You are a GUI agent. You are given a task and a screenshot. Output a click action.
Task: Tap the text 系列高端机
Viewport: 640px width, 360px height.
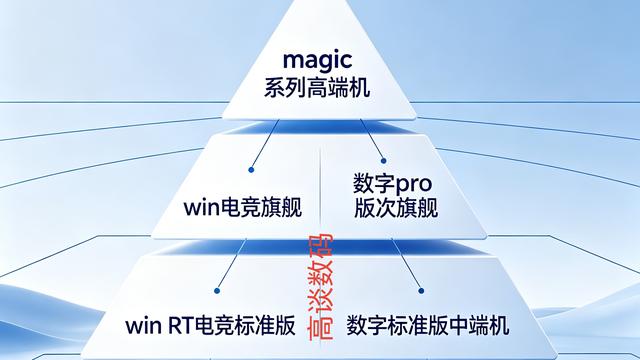(x=319, y=88)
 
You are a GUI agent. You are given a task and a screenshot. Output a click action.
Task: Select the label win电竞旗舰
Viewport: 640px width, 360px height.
(x=243, y=207)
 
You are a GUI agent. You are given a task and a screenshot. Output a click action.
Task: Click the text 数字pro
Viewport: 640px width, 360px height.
(x=390, y=185)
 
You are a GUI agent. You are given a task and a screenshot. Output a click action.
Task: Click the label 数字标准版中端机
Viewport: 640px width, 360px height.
(x=428, y=325)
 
